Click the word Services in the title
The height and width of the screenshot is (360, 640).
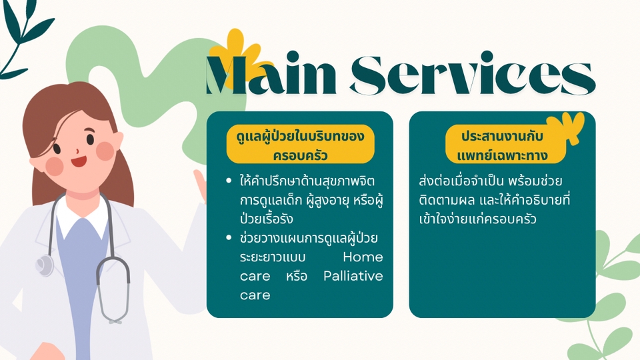(473, 73)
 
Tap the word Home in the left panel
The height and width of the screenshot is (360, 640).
(363, 257)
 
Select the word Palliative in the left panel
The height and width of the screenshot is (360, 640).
(353, 276)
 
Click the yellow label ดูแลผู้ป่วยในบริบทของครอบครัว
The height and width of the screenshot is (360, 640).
(301, 144)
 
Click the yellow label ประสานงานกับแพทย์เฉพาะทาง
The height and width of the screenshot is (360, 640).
(505, 144)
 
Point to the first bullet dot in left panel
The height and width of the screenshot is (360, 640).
(229, 181)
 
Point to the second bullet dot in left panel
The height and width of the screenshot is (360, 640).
(229, 237)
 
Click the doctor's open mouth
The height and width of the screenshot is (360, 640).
(79, 161)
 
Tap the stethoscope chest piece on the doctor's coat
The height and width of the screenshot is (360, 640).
(45, 265)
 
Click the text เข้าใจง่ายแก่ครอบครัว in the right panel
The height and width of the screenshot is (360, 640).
(477, 219)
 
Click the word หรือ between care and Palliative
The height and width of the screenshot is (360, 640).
(297, 276)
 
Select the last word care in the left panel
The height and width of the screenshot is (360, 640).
(255, 295)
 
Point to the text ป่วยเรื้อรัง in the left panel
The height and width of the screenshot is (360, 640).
(267, 219)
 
